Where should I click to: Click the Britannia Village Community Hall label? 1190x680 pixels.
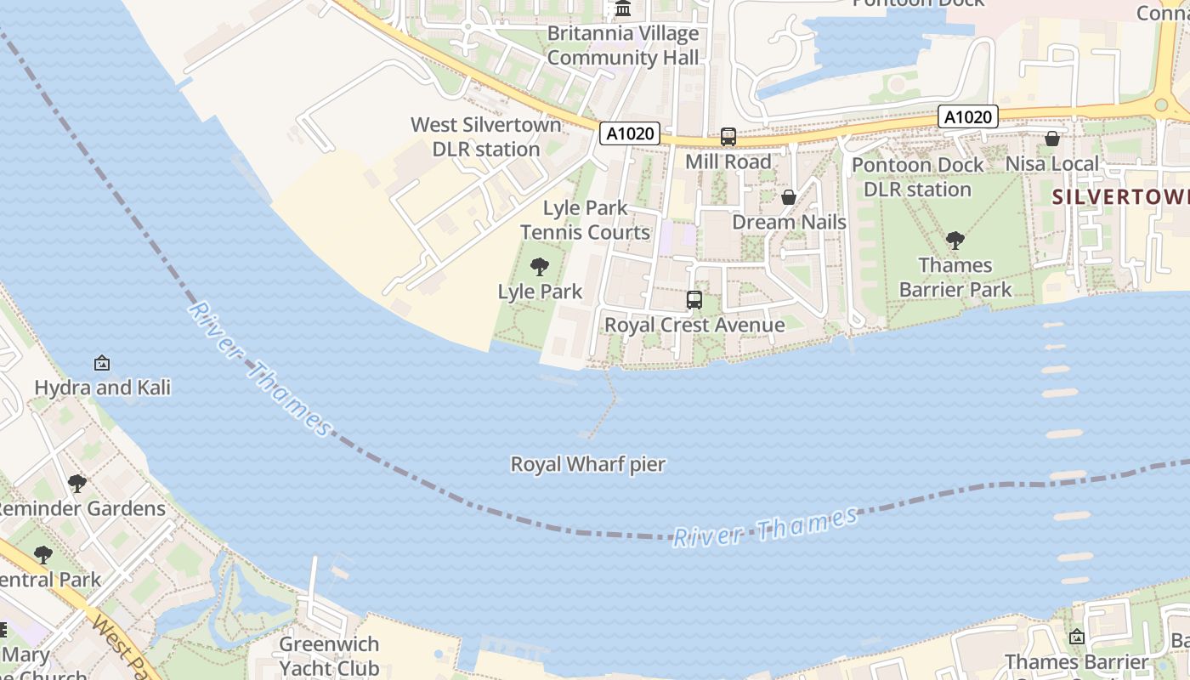623,46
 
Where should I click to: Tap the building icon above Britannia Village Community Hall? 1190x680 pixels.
623,9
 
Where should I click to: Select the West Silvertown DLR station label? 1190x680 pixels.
486,137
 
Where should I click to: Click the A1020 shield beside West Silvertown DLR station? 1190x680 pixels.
629,133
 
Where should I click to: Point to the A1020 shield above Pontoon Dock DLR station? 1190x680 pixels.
967,116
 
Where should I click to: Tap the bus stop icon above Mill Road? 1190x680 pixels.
728,136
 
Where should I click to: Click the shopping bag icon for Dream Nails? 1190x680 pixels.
789,197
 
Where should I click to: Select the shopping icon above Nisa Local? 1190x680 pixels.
1052,139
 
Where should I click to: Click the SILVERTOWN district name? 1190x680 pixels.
1120,197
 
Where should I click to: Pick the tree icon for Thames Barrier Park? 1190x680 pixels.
955,241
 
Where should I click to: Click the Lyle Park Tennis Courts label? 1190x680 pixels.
585,220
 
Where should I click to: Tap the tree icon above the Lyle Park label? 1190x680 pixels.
540,267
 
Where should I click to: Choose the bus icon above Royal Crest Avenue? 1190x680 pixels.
694,299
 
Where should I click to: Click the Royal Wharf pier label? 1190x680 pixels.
587,465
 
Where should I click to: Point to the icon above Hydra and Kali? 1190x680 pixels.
102,363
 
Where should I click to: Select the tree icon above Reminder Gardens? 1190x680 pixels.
77,484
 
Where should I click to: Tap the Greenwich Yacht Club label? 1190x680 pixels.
329,656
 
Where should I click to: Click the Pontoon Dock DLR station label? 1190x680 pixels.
917,177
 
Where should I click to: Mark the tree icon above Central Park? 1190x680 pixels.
42,555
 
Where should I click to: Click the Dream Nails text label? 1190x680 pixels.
789,223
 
